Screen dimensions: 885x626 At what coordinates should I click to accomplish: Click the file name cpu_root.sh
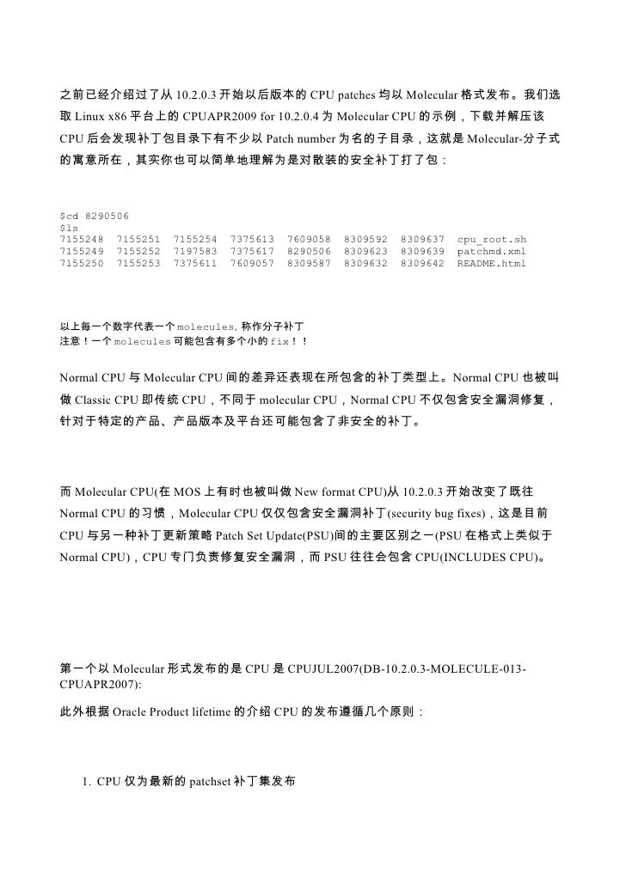click(x=491, y=238)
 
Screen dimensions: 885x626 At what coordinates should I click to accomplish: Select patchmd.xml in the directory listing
click(x=491, y=250)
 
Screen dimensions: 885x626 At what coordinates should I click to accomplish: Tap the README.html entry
click(x=491, y=262)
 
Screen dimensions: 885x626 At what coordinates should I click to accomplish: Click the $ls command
click(x=69, y=227)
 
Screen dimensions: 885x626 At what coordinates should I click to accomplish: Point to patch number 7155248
click(x=81, y=238)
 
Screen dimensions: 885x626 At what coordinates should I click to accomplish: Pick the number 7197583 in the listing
click(x=195, y=250)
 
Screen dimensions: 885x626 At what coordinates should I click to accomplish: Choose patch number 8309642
click(x=422, y=262)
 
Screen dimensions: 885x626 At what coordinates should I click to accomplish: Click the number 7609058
click(x=309, y=238)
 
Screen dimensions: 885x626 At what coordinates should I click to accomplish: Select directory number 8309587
click(x=309, y=262)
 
